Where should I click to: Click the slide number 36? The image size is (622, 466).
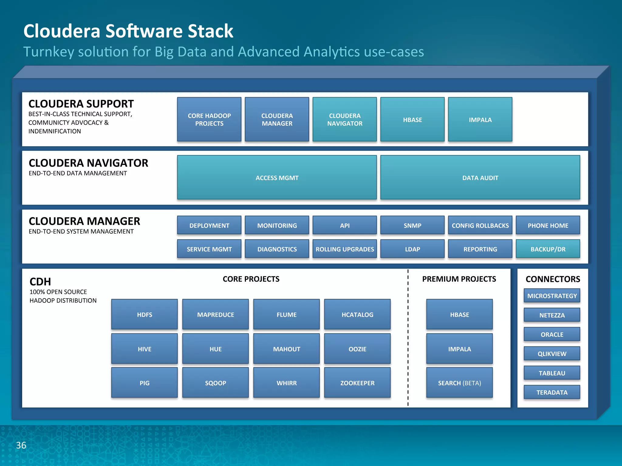click(x=21, y=445)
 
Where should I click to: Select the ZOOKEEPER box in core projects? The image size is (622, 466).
click(x=357, y=383)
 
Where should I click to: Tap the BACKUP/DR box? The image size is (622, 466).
click(x=548, y=249)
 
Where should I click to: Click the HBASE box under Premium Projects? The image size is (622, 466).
click(x=459, y=314)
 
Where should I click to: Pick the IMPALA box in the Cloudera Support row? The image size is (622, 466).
click(x=480, y=120)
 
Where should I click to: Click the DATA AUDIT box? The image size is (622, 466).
click(x=480, y=177)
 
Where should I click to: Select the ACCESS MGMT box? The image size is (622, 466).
click(x=277, y=177)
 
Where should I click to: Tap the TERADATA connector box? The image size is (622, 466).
click(x=552, y=392)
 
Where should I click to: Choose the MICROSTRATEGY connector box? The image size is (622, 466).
click(x=552, y=295)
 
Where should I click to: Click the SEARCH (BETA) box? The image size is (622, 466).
click(x=459, y=383)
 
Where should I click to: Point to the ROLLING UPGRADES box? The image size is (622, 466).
click(x=344, y=249)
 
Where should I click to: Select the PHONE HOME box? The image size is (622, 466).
click(x=548, y=225)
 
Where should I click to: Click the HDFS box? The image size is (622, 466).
click(x=144, y=314)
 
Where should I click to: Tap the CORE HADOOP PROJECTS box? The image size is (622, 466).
click(x=209, y=120)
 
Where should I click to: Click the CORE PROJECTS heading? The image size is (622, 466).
click(x=251, y=279)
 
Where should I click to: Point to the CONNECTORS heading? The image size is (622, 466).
click(x=552, y=279)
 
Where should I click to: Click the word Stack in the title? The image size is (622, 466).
click(x=210, y=31)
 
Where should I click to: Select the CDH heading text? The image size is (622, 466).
click(x=40, y=282)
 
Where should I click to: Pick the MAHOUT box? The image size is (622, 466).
click(x=286, y=349)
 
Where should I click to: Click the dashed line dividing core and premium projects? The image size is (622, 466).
click(x=408, y=337)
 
